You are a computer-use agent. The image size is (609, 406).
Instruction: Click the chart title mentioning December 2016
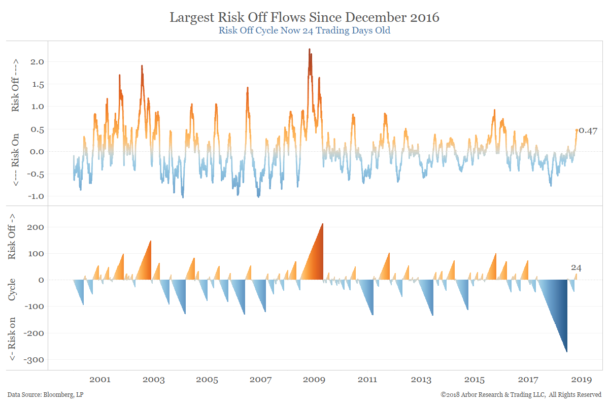[x=304, y=17]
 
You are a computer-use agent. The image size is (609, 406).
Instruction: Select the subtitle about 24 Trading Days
[x=304, y=30]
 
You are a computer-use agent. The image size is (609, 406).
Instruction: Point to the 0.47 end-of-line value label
[x=588, y=131]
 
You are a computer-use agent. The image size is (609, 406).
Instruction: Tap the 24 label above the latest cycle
[x=576, y=267]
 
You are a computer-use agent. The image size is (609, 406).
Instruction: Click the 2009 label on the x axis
[x=314, y=380]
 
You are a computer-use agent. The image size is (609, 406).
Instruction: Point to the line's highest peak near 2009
[x=310, y=50]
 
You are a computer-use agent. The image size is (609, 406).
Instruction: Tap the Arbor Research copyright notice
[x=521, y=394]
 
